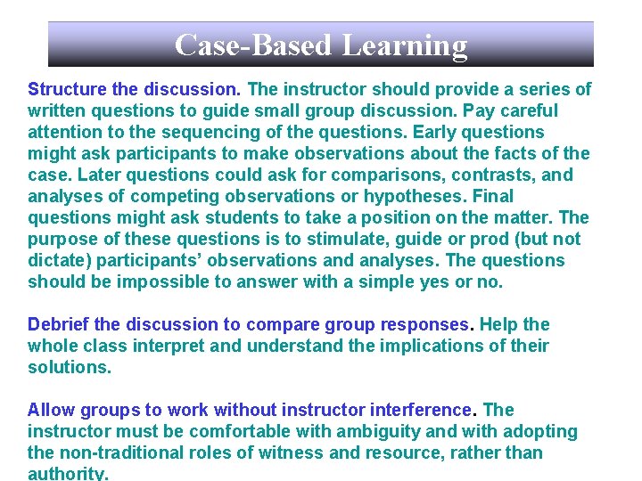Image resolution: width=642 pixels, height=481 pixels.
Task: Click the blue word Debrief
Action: pyautogui.click(x=60, y=325)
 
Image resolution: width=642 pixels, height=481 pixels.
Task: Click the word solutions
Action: pyautogui.click(x=69, y=368)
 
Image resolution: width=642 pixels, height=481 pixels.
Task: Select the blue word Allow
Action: pyautogui.click(x=52, y=411)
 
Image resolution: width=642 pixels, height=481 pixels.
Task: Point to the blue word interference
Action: pyautogui.click(x=419, y=411)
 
